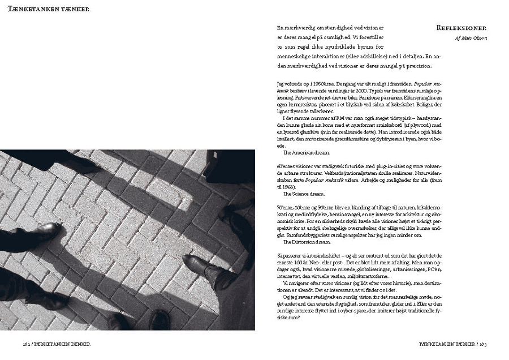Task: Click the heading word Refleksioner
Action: [x=460, y=28]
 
